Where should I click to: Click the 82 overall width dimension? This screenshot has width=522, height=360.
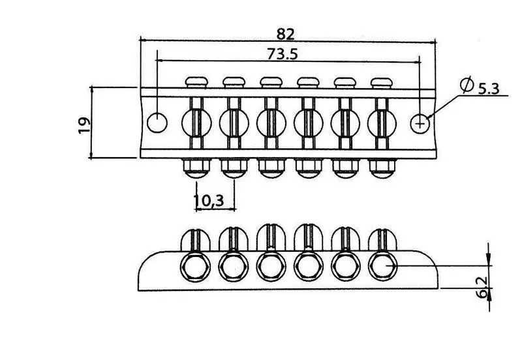286,34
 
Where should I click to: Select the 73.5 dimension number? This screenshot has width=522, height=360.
283,54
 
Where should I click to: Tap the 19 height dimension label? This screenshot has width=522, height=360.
85,125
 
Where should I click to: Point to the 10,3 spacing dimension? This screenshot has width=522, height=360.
209,200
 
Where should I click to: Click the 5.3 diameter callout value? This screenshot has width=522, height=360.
489,89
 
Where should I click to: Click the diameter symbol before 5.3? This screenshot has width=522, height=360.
467,85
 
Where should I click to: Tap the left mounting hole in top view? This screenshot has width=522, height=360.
157,123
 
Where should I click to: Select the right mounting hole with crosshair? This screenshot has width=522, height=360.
420,124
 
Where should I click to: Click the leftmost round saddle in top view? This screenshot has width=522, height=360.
196,123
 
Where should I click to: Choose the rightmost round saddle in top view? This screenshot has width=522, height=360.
382,123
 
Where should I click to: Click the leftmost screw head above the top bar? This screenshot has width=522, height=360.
196,82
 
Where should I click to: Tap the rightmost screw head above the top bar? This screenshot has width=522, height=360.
382,83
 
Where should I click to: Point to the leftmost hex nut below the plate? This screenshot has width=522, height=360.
196,168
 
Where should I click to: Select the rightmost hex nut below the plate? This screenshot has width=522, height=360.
382,168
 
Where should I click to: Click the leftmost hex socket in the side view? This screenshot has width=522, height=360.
196,267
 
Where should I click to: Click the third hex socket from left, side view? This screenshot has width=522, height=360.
271,267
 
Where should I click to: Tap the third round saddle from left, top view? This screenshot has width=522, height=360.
271,123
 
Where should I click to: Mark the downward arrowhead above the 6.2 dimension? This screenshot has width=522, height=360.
488,259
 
